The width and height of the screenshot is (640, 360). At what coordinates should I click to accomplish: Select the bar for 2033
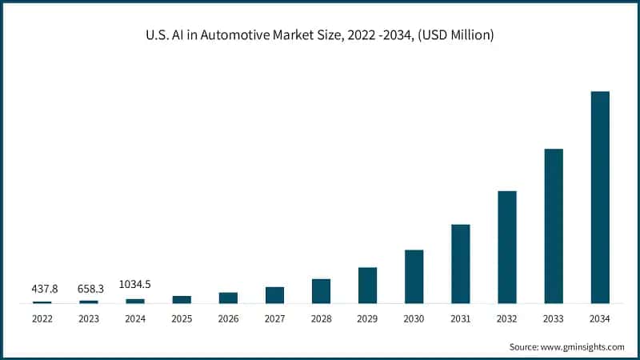pos(554,226)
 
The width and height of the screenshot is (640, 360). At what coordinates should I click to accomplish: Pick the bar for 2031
pos(461,263)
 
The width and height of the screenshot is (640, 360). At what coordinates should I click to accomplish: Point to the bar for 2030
pos(414,276)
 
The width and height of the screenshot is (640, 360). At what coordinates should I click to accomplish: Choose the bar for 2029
pos(367,285)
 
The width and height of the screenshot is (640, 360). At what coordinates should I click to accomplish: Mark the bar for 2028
pos(321,290)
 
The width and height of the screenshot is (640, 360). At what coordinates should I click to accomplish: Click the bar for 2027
pos(274,294)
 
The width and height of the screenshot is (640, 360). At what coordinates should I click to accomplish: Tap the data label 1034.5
pos(135,284)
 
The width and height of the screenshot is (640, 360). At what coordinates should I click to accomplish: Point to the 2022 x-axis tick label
pos(42,319)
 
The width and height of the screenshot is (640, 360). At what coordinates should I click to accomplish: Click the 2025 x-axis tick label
pos(182,319)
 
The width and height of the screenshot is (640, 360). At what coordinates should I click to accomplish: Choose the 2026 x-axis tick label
pos(228,319)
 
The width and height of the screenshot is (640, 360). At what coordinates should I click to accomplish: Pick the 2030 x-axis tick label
pos(414,319)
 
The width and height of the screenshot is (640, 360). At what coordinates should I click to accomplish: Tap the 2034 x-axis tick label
pos(600,319)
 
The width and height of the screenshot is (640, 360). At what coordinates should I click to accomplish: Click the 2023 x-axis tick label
pos(89,319)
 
